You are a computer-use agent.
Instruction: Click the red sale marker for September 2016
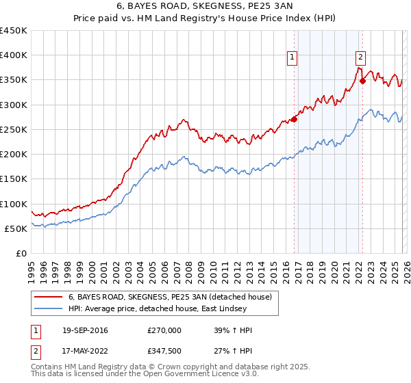pos(294,119)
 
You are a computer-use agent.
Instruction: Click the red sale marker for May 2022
pos(362,81)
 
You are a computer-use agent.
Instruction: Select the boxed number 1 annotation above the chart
pos(292,58)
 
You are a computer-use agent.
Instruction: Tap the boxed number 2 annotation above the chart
pos(360,58)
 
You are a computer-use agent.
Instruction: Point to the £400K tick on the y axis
pos(14,55)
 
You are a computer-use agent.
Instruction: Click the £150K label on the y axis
pos(14,179)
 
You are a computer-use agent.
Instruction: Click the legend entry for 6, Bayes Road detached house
pos(171,297)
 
